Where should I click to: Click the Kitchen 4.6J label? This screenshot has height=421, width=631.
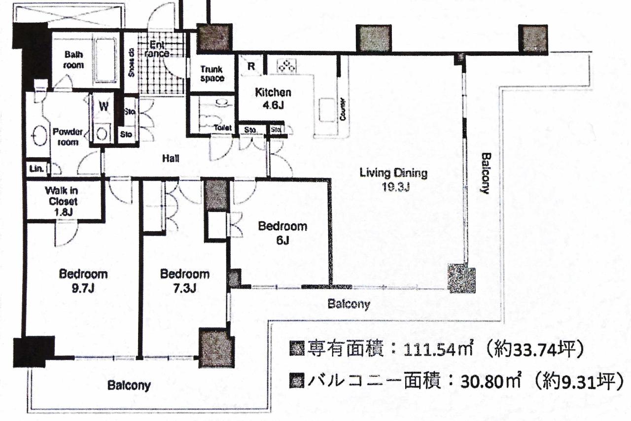tap(273, 98)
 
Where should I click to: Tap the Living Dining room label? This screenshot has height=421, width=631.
tap(393, 179)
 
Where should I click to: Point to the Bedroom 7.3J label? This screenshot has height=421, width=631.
tap(185, 281)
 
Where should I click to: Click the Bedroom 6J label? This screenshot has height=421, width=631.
tap(282, 233)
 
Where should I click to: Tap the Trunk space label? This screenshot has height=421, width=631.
tap(212, 74)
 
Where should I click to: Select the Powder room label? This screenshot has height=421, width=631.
tap(67, 137)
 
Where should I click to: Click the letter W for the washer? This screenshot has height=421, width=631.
tap(104, 105)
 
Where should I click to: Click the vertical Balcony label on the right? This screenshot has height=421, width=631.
tap(486, 173)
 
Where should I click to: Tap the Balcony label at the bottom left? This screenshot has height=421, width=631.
tap(129, 385)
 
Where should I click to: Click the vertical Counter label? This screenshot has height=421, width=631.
tap(342, 110)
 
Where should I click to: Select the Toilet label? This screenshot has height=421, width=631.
tap(223, 128)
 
